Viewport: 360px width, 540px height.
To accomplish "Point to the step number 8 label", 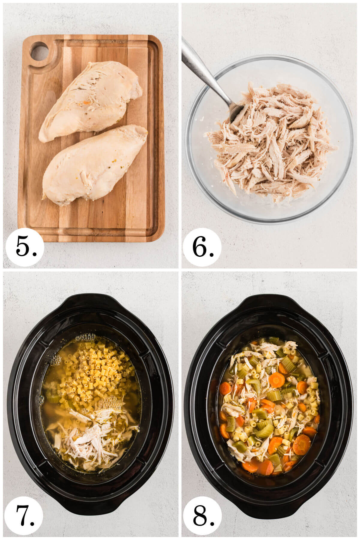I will tap(202, 515).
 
